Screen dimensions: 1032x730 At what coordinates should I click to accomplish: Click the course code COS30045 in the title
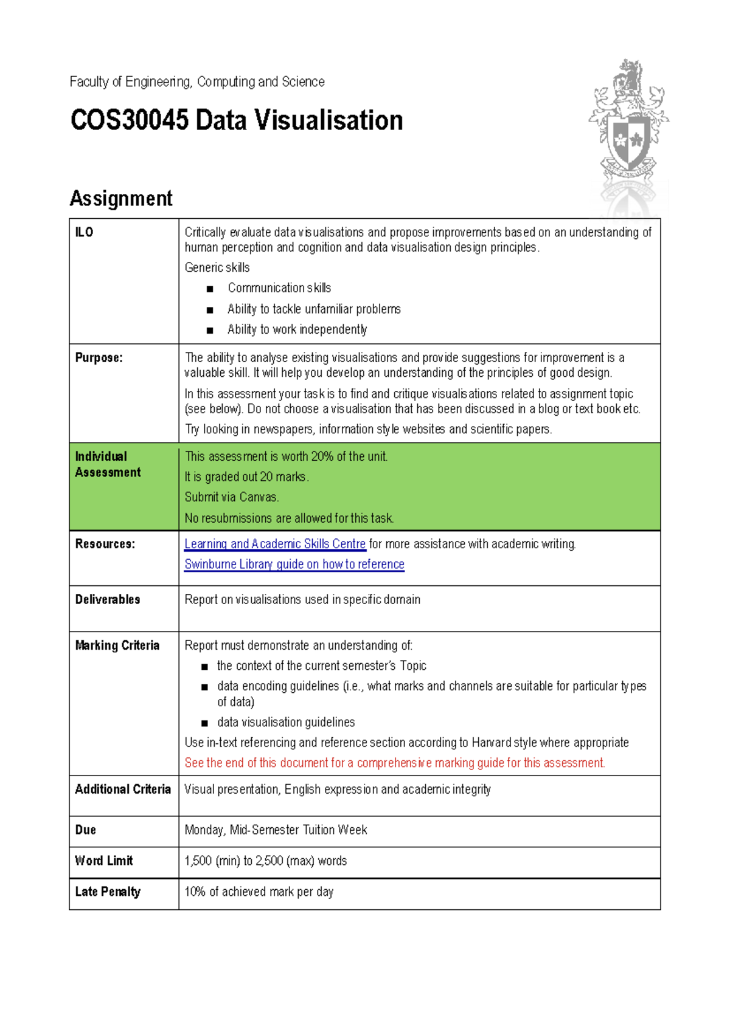point(129,120)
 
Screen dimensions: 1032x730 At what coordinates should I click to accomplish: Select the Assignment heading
point(121,198)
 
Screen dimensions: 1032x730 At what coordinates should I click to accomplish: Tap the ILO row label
point(84,232)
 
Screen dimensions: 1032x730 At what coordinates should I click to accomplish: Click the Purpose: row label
point(99,358)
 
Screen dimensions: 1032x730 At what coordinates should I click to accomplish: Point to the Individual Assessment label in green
point(108,464)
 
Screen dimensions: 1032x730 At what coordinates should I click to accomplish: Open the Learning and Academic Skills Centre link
point(275,544)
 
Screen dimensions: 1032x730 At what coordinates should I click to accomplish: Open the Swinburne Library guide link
point(294,564)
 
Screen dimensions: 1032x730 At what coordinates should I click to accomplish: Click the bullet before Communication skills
point(210,289)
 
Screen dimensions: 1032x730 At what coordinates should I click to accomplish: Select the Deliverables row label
point(108,599)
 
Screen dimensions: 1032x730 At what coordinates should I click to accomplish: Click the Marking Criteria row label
point(117,645)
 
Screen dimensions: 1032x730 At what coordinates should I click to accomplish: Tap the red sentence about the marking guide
point(395,763)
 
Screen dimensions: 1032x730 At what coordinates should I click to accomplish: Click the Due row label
point(85,830)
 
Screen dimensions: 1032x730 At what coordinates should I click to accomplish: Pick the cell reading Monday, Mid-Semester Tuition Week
point(276,830)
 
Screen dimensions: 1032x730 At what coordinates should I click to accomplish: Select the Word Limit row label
point(103,861)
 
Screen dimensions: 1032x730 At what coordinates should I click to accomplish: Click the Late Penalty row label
point(108,892)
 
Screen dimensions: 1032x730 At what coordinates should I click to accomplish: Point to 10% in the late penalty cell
point(195,892)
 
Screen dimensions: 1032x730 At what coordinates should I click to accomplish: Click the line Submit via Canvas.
point(231,497)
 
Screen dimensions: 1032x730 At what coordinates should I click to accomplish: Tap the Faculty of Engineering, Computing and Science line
point(196,81)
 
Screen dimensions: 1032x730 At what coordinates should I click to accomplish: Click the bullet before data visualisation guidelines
point(204,723)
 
